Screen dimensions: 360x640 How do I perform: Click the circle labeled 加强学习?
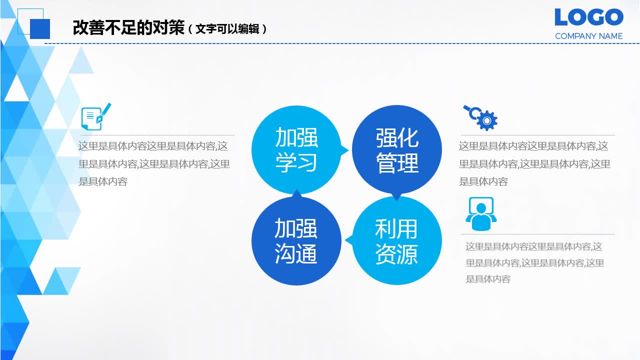click(x=296, y=150)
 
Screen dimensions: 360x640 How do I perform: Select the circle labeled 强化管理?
click(x=397, y=150)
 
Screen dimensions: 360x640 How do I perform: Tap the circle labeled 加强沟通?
click(x=296, y=241)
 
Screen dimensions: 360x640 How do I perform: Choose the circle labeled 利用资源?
click(x=397, y=241)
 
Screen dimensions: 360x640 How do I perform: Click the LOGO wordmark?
click(x=588, y=17)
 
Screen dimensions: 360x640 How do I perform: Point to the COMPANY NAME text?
click(x=588, y=36)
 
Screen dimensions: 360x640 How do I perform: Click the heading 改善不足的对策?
click(x=128, y=28)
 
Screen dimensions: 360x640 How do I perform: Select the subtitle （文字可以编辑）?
click(x=227, y=29)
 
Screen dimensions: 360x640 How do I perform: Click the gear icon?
click(x=486, y=120)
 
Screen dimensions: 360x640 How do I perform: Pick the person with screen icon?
click(x=481, y=213)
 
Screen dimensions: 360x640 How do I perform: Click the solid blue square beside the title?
click(x=40, y=28)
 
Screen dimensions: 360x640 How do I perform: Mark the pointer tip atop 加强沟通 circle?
click(x=296, y=191)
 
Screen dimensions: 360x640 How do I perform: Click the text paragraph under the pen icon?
click(x=154, y=164)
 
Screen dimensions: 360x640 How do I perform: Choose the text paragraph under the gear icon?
click(x=534, y=164)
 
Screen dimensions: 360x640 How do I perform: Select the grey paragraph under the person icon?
click(x=534, y=262)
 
